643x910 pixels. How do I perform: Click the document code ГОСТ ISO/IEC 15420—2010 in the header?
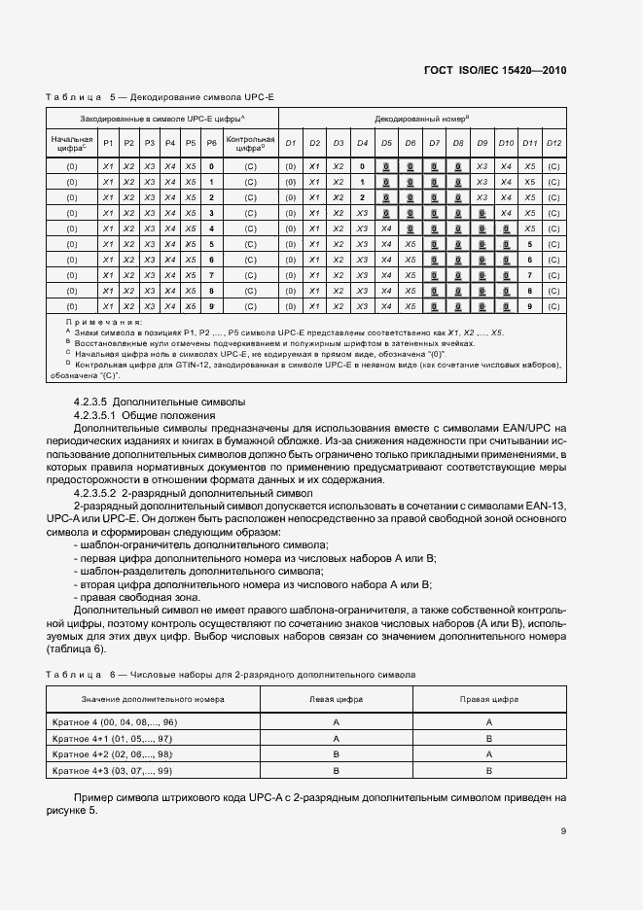(x=494, y=71)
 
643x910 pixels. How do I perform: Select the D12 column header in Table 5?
(x=554, y=144)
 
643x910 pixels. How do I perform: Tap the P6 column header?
(x=211, y=144)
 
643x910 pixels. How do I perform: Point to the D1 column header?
(x=290, y=144)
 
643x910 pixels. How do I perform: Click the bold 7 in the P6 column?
(x=211, y=275)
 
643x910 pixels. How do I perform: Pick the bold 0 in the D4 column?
(x=362, y=167)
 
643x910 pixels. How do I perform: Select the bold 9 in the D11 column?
(x=530, y=306)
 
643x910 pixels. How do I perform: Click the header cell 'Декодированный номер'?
(x=422, y=118)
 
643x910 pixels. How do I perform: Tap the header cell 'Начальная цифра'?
(x=71, y=144)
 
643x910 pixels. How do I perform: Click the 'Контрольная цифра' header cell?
(x=250, y=144)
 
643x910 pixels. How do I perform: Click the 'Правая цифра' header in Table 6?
(x=488, y=700)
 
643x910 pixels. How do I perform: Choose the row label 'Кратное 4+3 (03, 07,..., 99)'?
(x=112, y=770)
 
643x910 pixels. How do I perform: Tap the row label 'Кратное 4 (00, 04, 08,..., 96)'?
(x=114, y=722)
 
